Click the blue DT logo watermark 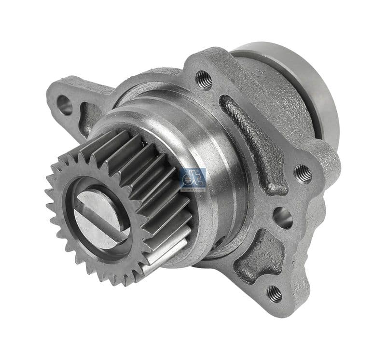point(193,178)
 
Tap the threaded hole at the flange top point(205,80)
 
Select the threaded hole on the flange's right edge point(303,173)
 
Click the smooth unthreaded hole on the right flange point(283,218)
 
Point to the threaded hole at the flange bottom point(275,292)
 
